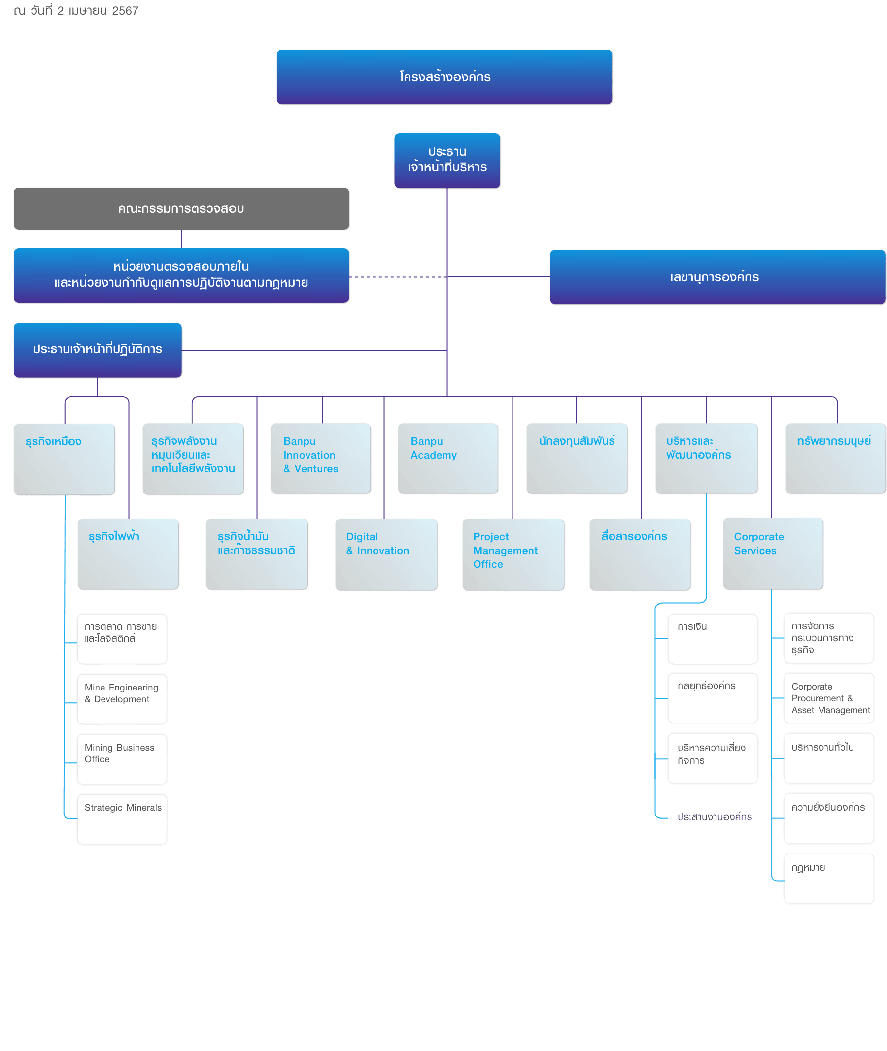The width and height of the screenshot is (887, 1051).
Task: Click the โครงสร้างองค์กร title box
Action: click(444, 77)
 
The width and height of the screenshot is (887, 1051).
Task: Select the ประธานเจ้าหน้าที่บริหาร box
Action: click(447, 161)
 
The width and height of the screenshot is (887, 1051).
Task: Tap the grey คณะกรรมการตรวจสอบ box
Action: click(181, 209)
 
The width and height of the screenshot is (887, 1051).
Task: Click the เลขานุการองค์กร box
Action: click(717, 277)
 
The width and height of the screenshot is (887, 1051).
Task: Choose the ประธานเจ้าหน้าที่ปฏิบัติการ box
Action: click(98, 350)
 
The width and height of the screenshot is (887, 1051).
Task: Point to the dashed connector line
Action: click(398, 277)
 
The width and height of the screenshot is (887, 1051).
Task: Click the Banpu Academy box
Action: click(447, 458)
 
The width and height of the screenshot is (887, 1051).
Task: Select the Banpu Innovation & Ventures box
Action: click(320, 458)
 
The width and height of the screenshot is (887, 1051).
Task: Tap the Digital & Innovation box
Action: click(386, 554)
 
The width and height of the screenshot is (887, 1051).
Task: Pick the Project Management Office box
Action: click(513, 554)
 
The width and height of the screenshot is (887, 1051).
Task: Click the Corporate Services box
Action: click(773, 554)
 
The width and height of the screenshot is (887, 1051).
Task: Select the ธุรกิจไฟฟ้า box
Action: click(128, 554)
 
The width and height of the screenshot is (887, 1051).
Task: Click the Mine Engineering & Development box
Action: click(122, 699)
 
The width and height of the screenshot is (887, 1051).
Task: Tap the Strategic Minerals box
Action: click(122, 819)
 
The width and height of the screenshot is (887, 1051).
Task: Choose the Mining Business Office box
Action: click(122, 759)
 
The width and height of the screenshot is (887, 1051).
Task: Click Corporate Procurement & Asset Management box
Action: click(829, 698)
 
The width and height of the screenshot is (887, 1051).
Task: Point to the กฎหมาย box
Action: click(829, 879)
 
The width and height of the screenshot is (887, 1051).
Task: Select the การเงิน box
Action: click(712, 639)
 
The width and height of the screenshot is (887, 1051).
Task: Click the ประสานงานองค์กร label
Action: click(715, 817)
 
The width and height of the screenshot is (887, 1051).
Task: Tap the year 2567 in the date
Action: click(125, 10)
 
